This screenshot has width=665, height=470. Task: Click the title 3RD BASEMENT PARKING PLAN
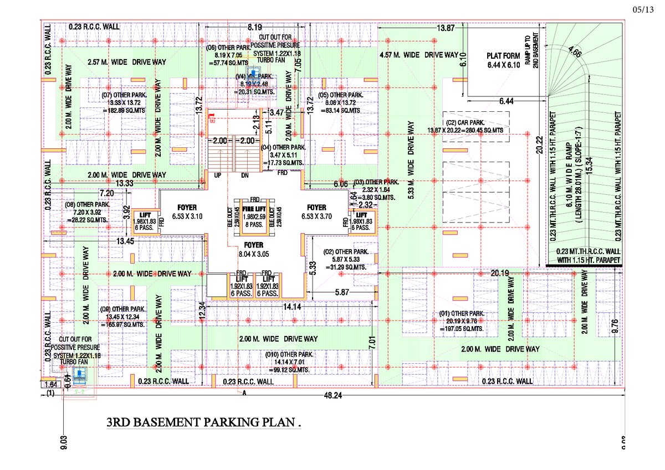[204, 423]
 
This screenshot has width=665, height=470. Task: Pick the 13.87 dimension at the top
[446, 28]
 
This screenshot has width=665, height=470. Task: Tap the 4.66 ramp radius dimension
[575, 54]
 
